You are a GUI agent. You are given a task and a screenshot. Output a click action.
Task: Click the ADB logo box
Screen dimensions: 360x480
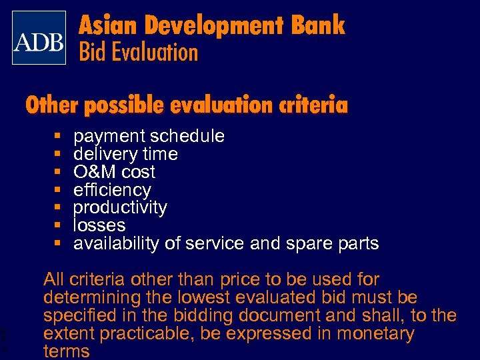[39, 37]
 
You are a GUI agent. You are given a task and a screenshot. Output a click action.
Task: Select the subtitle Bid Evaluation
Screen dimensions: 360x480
[139, 52]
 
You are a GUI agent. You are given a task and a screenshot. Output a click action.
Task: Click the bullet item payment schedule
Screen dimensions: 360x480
[149, 136]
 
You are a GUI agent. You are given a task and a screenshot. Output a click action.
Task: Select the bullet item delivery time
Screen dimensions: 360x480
[125, 154]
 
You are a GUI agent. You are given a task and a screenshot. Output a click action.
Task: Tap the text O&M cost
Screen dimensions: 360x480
[114, 172]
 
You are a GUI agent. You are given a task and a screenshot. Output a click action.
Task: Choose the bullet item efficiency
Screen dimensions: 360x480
[112, 190]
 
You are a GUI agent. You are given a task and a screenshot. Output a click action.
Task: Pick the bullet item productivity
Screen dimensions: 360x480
[120, 207]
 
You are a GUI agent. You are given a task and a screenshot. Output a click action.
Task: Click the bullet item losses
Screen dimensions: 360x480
[99, 225]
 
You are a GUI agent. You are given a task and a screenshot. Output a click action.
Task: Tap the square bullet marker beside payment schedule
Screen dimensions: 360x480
[59, 137]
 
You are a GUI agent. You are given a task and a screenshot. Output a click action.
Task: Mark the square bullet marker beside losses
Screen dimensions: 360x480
[59, 226]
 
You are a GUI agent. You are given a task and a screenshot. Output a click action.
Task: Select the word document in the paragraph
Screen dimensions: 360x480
[267, 315]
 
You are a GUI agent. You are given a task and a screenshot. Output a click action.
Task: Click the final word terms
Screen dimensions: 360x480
[67, 351]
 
